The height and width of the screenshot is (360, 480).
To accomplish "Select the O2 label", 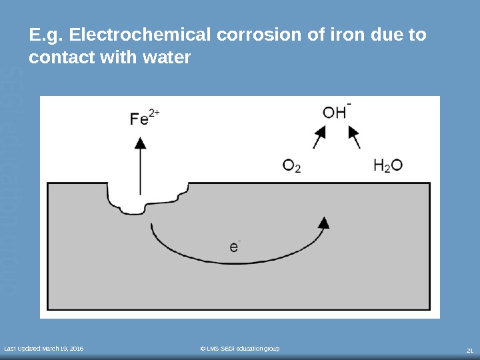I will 292,165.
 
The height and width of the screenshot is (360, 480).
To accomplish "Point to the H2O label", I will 387,165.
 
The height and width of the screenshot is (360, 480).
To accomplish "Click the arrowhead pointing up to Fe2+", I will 140,141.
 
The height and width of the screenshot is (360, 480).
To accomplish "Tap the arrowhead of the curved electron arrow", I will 324,222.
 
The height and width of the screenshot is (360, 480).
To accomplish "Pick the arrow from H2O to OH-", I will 355,139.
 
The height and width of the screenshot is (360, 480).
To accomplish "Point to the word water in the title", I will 168,58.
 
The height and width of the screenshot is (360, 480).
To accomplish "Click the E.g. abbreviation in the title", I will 43,34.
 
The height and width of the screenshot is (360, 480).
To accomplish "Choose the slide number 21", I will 469,350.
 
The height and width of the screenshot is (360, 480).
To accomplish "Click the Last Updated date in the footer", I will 45,349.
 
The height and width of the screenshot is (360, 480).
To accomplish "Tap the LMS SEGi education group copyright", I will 240,349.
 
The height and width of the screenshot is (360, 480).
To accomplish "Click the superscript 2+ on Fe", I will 155,113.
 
